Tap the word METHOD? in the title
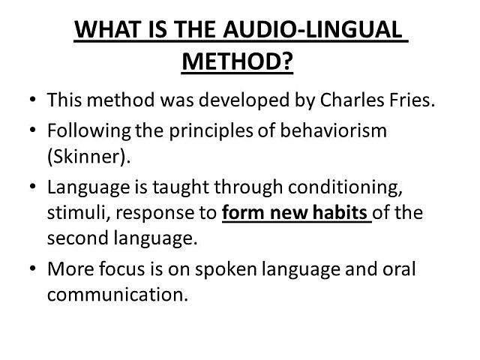coord(237,61)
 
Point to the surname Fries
coord(412,100)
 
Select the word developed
coord(257,100)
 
